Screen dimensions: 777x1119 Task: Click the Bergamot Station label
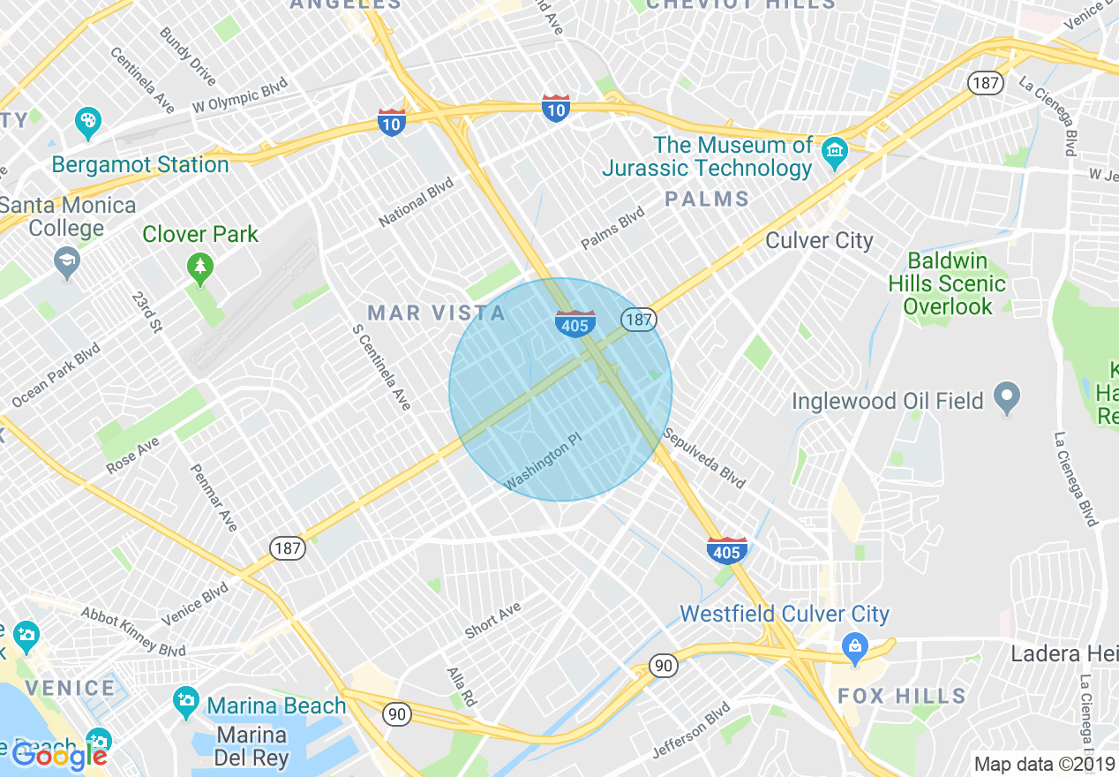[140, 165]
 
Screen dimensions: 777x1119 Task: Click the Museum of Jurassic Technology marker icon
[834, 152]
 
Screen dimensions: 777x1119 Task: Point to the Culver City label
[819, 240]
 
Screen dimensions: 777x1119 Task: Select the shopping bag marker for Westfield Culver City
[854, 645]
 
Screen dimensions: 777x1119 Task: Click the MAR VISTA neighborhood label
[437, 313]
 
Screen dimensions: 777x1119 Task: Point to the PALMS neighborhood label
[707, 199]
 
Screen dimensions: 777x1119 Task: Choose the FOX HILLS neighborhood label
[901, 696]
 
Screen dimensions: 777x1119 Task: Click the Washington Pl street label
[544, 467]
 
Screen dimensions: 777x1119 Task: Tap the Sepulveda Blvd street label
[704, 458]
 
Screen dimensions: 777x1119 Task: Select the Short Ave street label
[493, 620]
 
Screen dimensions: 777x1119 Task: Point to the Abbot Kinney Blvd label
[132, 631]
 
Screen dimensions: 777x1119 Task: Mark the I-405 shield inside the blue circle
[575, 324]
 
